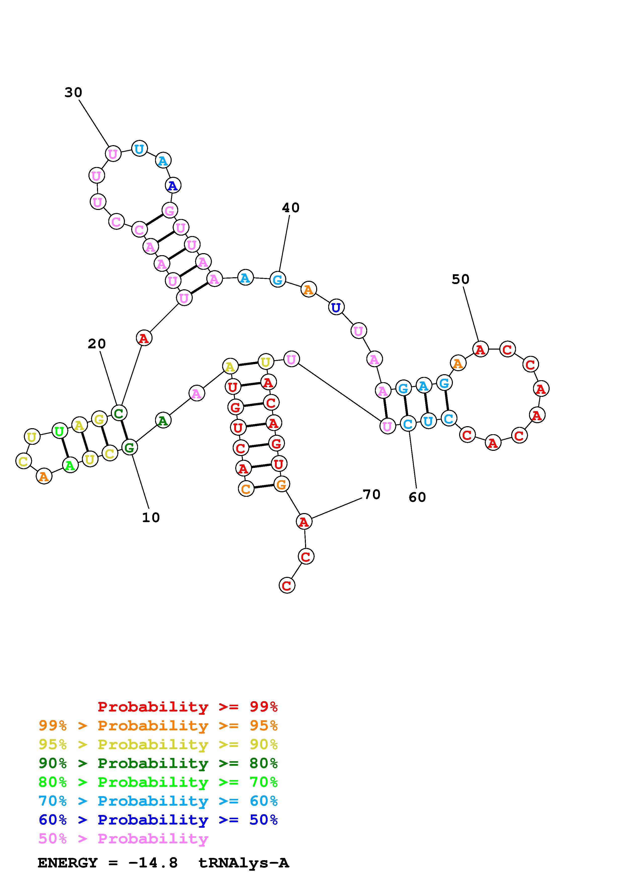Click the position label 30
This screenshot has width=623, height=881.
73,92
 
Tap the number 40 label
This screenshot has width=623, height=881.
291,208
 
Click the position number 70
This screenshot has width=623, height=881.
372,494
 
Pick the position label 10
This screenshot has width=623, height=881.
151,518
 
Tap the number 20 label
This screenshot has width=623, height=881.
97,344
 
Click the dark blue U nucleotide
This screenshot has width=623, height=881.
336,307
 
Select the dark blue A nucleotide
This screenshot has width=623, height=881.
173,186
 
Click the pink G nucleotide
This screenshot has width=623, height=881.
169,211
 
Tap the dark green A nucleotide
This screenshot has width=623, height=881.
163,421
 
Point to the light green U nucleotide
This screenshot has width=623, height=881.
59,431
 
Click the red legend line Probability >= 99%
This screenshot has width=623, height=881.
188,707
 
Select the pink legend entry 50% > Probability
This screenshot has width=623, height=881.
123,838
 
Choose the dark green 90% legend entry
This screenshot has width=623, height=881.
158,763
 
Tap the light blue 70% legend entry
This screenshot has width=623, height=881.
158,801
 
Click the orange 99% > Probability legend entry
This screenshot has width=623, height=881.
158,726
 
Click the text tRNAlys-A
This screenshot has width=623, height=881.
243,863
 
